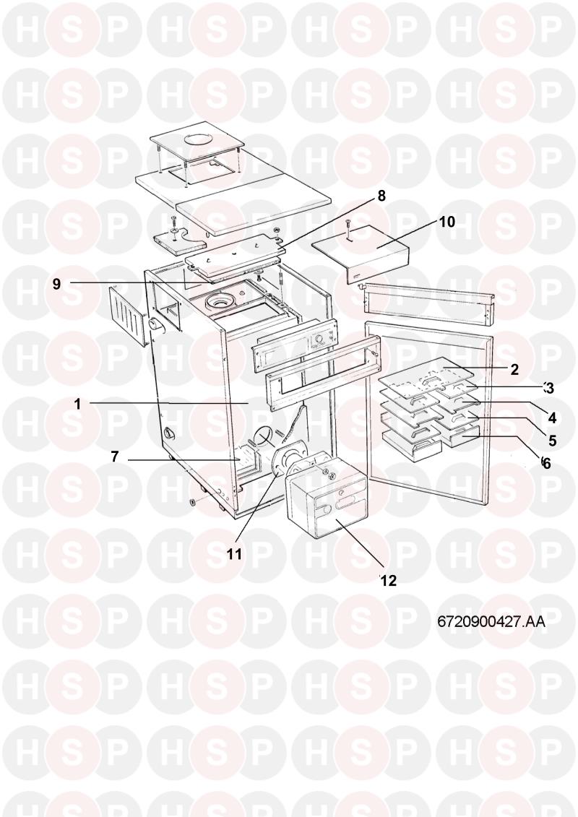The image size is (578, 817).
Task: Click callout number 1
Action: [77, 405]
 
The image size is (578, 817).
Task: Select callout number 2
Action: [514, 369]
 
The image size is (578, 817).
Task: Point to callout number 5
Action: [553, 440]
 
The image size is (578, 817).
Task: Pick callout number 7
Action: [115, 457]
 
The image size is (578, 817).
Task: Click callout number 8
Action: [381, 196]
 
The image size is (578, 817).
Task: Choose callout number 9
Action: [56, 284]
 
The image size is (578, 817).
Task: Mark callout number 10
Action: [446, 222]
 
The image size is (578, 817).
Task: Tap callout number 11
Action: [235, 554]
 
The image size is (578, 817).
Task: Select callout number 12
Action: [389, 581]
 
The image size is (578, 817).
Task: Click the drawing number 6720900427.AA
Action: [491, 622]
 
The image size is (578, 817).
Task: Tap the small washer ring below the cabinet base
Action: [192, 502]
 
